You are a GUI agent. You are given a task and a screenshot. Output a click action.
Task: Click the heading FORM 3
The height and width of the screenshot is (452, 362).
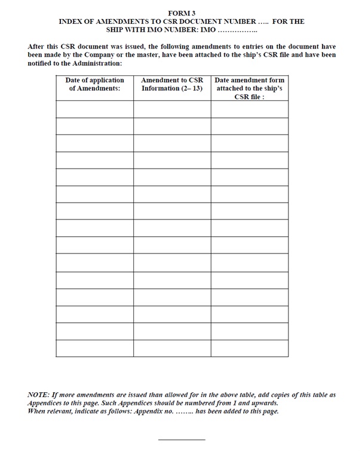tap(181, 13)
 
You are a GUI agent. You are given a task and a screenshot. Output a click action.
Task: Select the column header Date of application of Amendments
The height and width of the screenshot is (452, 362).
tap(94, 84)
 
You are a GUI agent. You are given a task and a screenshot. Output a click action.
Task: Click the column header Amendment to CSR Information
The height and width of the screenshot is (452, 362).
tap(172, 84)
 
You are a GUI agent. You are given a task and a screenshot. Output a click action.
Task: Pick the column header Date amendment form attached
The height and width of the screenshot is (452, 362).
tap(249, 88)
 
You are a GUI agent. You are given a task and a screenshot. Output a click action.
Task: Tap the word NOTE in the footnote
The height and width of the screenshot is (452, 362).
tap(39, 395)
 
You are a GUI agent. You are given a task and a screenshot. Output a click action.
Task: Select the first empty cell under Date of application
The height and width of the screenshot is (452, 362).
tap(94, 109)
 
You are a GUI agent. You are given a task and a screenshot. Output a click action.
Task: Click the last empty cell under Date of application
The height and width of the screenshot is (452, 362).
tap(94, 348)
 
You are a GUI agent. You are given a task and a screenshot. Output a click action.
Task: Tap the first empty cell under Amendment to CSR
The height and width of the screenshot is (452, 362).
tap(172, 109)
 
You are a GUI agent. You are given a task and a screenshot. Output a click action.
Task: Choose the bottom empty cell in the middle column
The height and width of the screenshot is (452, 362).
tap(172, 348)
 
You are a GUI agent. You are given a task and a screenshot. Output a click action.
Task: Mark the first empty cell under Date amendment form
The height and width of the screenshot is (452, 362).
tap(249, 109)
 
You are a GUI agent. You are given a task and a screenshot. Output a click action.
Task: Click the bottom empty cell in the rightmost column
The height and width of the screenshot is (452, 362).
tap(249, 348)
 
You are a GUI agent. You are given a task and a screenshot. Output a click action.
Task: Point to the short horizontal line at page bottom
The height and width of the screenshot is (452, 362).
tap(181, 440)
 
